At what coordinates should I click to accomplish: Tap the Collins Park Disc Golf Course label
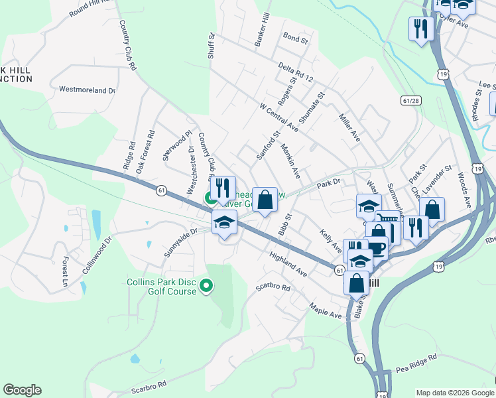click(162, 287)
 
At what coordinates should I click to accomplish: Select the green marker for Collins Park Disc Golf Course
click(206, 287)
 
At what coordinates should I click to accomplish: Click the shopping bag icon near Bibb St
click(265, 199)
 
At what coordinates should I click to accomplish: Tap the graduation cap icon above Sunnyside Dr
click(225, 223)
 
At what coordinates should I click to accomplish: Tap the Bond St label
click(295, 40)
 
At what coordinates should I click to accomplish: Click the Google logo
click(22, 390)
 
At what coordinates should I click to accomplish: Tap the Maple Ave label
click(325, 311)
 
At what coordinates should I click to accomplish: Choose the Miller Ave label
click(349, 127)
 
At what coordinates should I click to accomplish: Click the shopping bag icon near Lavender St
click(432, 208)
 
